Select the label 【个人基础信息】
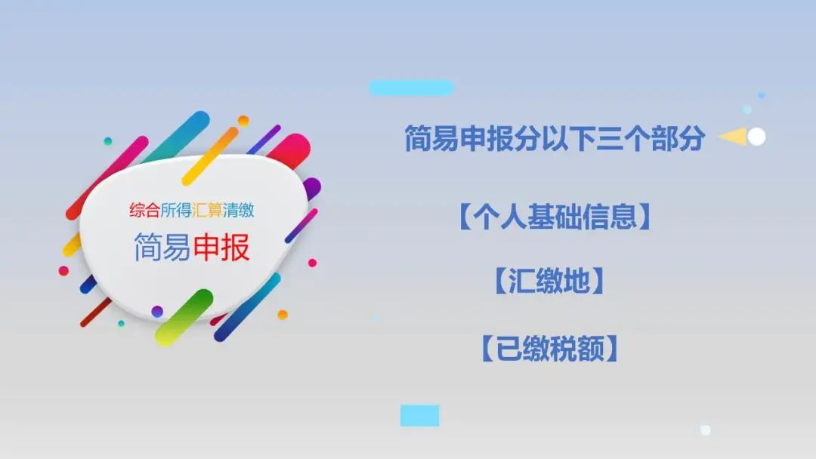coord(555,217)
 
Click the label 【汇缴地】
coord(549,282)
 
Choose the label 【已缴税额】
coord(549,348)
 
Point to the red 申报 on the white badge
coord(221,247)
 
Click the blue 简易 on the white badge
coord(163,247)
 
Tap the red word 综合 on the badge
coord(144,210)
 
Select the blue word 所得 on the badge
coord(176,210)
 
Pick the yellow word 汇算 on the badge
coord(207,210)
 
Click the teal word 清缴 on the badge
coord(238,210)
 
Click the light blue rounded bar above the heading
coord(411,88)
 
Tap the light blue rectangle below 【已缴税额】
coord(420,415)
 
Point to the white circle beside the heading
coord(756,137)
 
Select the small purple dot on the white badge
coord(157,311)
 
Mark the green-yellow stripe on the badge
coord(184,317)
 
